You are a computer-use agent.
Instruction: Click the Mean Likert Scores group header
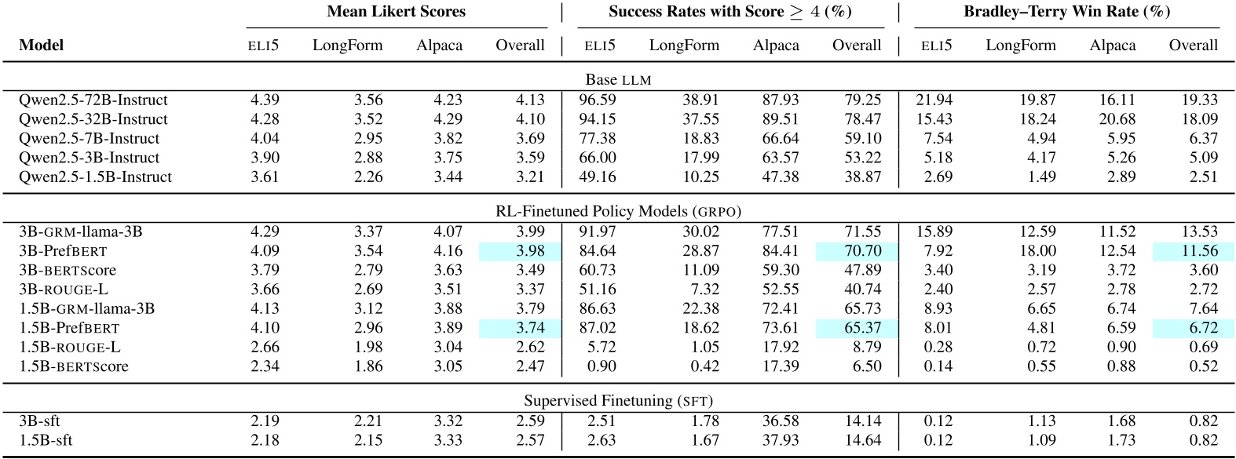[396, 12]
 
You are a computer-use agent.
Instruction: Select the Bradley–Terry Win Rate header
[1066, 12]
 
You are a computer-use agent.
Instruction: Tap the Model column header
[41, 46]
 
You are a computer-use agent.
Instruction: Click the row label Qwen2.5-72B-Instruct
[93, 100]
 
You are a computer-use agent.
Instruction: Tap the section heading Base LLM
[618, 80]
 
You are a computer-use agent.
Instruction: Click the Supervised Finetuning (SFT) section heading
[618, 401]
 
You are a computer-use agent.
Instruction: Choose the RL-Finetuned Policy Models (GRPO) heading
[618, 211]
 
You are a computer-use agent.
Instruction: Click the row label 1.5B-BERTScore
[73, 366]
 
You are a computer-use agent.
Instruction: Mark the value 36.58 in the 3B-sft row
[780, 421]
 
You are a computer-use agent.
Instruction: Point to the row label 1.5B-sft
[46, 440]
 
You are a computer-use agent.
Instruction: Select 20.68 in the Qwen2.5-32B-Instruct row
[1117, 119]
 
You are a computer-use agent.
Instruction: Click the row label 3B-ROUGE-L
[64, 290]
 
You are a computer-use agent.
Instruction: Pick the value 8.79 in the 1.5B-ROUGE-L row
[866, 347]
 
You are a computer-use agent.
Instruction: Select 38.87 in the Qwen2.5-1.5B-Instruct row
[862, 177]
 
